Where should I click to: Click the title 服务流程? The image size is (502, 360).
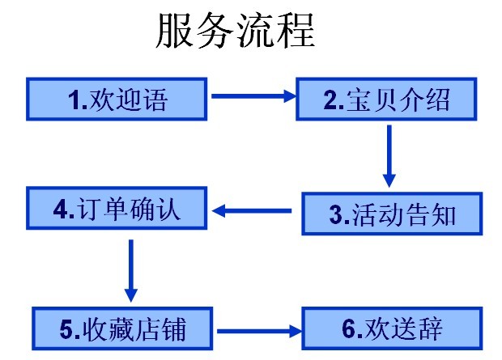234,32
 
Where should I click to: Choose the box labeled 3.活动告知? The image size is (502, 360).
392,214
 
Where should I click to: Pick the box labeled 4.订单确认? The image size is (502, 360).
117,210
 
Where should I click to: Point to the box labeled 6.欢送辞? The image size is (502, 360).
392,328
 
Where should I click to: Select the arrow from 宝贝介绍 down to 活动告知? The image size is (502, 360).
389,154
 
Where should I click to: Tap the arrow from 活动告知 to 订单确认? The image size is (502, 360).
253,212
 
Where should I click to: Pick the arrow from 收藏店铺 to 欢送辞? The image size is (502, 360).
257,330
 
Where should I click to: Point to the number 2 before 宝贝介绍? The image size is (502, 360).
330,100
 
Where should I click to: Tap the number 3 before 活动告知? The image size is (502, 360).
337,214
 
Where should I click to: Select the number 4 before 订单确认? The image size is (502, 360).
62,210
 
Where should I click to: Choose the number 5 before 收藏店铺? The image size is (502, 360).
67,329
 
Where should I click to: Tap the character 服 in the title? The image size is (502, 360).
174,32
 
